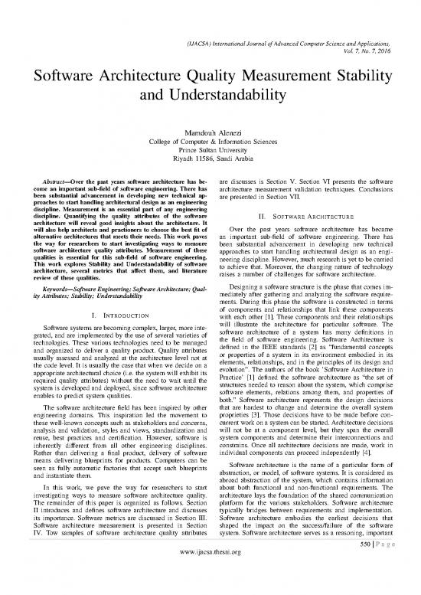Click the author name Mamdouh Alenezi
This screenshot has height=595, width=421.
tap(210, 134)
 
